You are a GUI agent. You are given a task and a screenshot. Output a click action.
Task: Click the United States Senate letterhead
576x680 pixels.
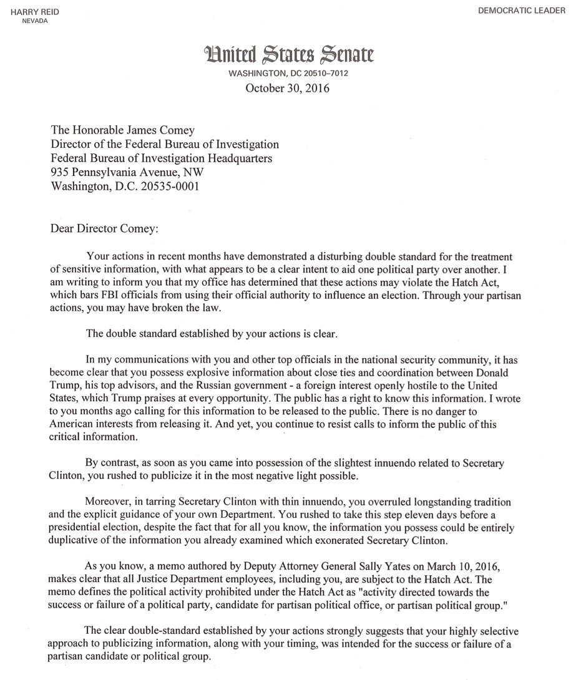287,57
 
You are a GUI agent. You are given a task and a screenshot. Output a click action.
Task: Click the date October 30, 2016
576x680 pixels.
287,88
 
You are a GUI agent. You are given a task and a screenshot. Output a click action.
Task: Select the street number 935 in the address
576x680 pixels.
61,172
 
